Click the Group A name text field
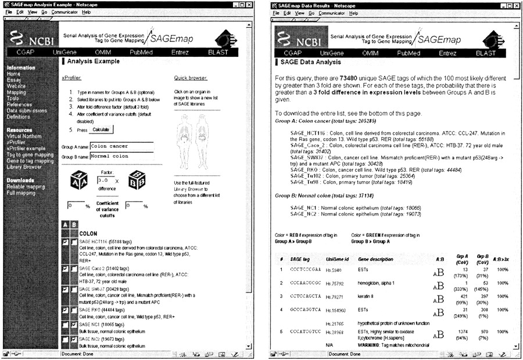click(x=121, y=146)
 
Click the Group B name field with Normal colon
click(x=121, y=157)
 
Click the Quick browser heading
click(x=191, y=77)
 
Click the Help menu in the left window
click(x=86, y=12)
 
